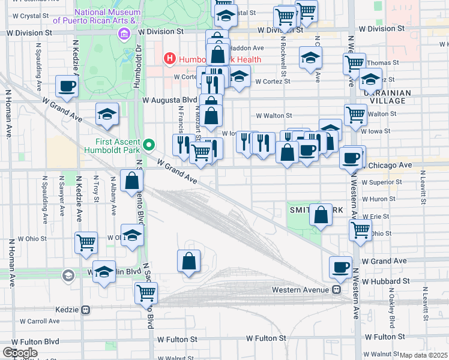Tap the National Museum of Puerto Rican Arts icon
point(123,34)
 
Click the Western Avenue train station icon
point(337,290)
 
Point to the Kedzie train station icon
point(86,310)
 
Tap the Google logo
point(20,353)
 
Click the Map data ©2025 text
point(423,355)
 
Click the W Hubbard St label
point(385,280)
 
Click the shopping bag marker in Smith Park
point(321,214)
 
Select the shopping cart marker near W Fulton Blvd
point(146,292)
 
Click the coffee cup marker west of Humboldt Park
point(67,85)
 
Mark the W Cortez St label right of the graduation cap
point(273,82)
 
